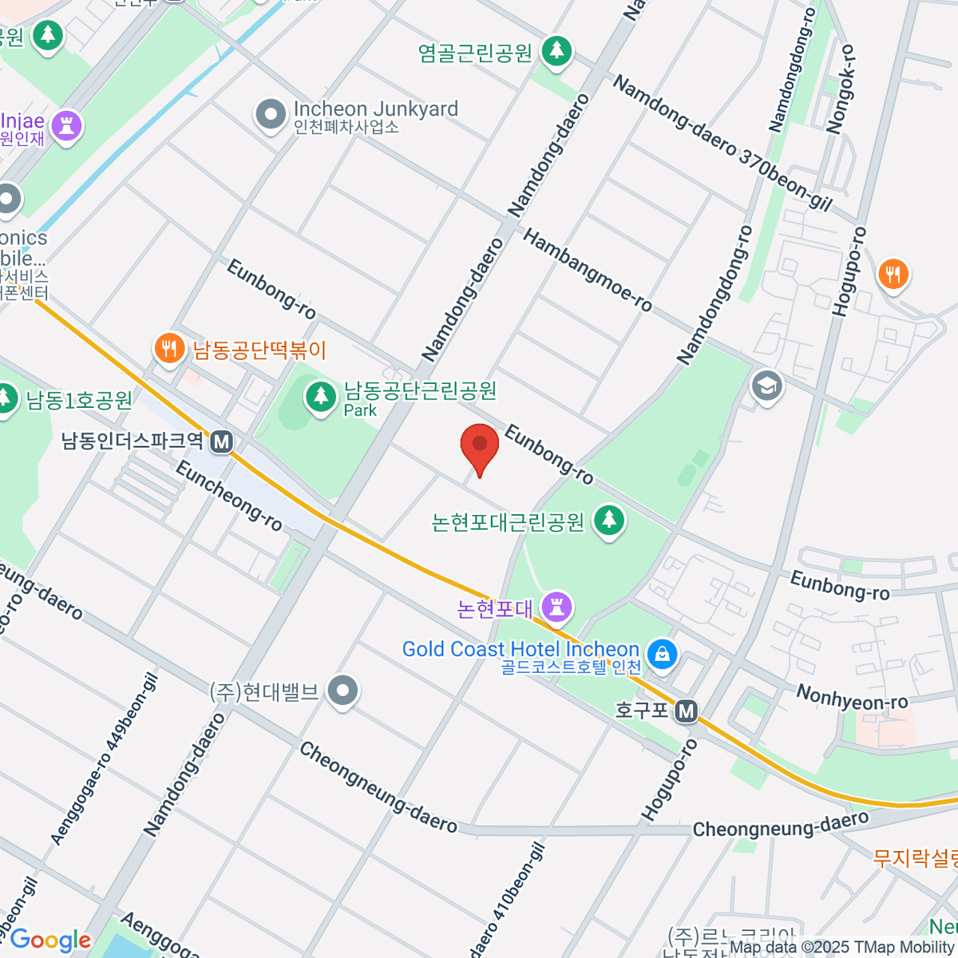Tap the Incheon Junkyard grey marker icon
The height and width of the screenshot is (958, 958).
point(271,115)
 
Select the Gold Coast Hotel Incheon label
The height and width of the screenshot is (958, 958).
point(521,649)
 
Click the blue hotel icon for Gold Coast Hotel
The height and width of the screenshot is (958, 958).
point(661,655)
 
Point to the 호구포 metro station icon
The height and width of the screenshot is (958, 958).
point(686,711)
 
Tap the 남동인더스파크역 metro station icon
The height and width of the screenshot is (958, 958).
point(221,441)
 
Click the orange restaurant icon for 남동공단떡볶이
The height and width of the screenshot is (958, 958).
point(168,350)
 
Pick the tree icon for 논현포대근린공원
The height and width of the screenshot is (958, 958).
point(610,521)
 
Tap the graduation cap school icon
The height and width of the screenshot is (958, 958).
point(766,387)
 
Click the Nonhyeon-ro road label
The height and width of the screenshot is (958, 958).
point(852,697)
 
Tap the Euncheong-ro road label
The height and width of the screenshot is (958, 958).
point(229,496)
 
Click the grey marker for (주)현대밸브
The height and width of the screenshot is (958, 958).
point(344,692)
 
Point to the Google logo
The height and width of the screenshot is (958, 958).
point(50,940)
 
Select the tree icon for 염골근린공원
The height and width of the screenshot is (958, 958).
point(556,52)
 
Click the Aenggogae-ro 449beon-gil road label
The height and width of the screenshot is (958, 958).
point(105,758)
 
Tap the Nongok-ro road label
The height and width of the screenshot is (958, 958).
point(841,88)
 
